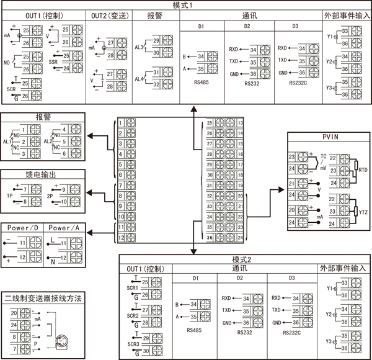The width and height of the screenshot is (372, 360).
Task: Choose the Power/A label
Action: point(64,227)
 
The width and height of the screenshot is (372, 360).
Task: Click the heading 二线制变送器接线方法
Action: point(44,298)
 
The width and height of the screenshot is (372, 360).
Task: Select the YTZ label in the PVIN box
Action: point(363,212)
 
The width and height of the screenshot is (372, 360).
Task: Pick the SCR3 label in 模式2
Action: point(133,343)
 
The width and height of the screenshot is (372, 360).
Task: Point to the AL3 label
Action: point(139,47)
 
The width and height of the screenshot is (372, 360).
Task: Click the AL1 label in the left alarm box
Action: point(8,142)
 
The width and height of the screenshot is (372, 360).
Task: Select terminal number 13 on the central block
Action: point(240,122)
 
